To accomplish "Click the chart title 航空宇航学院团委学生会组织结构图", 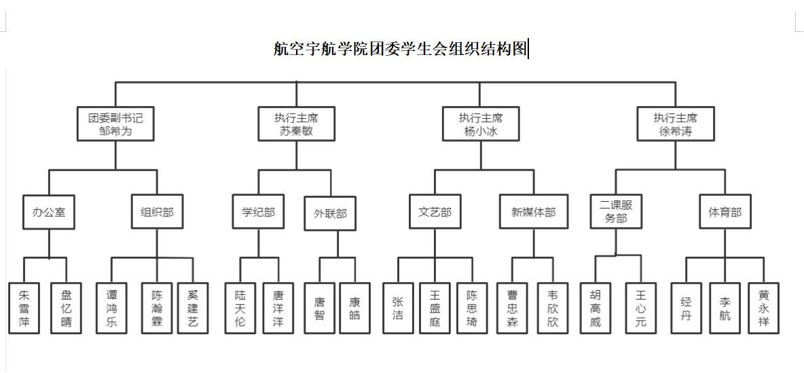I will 400,49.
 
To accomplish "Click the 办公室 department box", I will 49,212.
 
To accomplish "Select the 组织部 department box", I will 157,212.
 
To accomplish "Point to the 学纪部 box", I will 258,212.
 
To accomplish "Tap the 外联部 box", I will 330,213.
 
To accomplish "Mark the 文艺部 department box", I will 435,212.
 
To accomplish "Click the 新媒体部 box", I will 533,212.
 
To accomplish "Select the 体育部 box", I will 725,212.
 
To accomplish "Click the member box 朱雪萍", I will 24,308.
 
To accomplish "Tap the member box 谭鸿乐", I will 112,308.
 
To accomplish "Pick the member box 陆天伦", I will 240,308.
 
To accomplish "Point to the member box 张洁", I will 398,308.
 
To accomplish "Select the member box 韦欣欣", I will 552,308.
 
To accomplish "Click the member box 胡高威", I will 596,308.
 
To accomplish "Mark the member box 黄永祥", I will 763,308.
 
